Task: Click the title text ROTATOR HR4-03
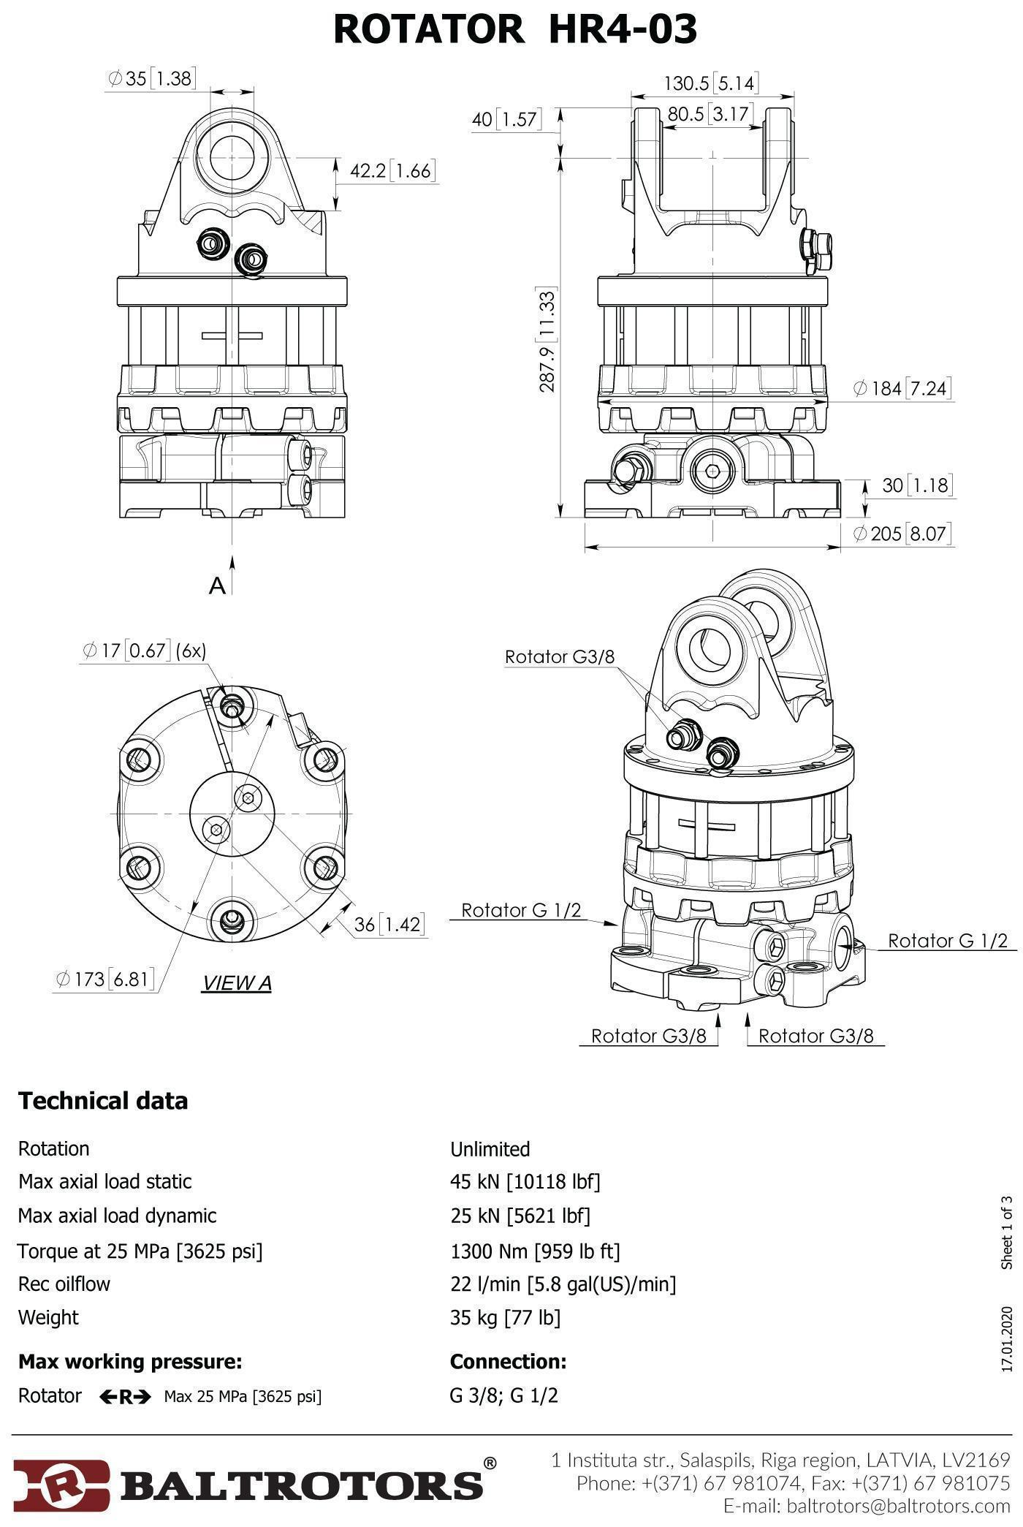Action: click(x=515, y=29)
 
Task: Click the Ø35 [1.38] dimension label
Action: click(x=151, y=78)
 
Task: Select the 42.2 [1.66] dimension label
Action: click(x=392, y=171)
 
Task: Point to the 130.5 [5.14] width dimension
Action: click(x=710, y=83)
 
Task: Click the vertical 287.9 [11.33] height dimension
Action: click(x=548, y=340)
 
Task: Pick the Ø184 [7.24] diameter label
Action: click(x=902, y=387)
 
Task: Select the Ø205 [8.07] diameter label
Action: click(x=903, y=534)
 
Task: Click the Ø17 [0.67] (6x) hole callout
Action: click(x=145, y=650)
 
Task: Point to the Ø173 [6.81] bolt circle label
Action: click(x=106, y=979)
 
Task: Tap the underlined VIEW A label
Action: click(x=236, y=983)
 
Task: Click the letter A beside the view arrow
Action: click(x=217, y=586)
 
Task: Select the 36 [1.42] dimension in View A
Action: click(x=388, y=925)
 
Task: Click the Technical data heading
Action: click(x=103, y=1101)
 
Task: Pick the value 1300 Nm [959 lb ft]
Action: click(x=535, y=1251)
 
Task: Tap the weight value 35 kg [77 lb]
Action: click(x=505, y=1317)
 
